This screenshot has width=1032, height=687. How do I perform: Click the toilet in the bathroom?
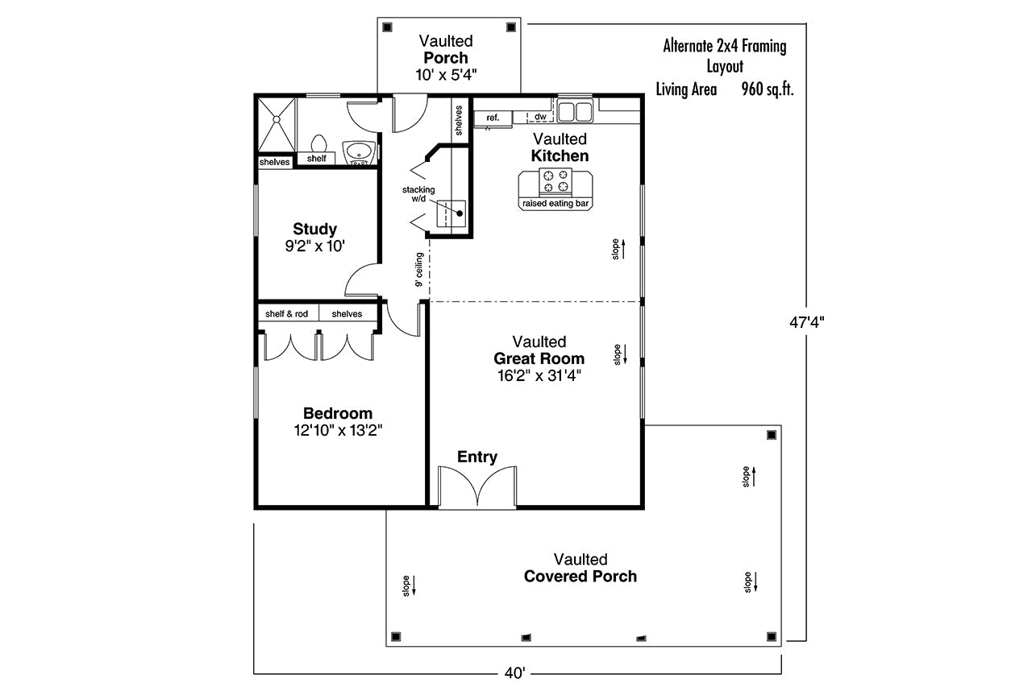(318, 143)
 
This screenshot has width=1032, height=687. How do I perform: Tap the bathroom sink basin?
(358, 151)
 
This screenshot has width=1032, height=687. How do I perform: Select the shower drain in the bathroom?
(277, 120)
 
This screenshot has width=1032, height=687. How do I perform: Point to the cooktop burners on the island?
(556, 181)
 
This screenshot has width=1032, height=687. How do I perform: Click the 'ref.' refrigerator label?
(493, 118)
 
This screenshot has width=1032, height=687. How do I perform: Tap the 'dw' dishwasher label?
(540, 117)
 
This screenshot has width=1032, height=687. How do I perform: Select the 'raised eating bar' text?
(556, 204)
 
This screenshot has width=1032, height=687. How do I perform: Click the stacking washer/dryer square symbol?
(451, 213)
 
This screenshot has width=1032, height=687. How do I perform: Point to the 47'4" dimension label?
(807, 323)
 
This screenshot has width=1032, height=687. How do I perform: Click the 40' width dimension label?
(514, 673)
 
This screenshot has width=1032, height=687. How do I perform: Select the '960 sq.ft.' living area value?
(768, 89)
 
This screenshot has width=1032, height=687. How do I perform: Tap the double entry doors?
(477, 486)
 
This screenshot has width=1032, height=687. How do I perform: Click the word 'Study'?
(315, 229)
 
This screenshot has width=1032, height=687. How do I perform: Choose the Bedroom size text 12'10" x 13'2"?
(338, 431)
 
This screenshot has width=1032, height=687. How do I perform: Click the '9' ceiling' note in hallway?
(418, 270)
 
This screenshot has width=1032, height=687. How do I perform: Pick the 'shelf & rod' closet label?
(286, 314)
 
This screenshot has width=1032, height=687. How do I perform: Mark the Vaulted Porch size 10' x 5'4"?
(446, 75)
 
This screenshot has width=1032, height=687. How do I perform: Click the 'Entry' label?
(477, 457)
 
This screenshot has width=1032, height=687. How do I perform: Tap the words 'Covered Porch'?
(580, 576)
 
